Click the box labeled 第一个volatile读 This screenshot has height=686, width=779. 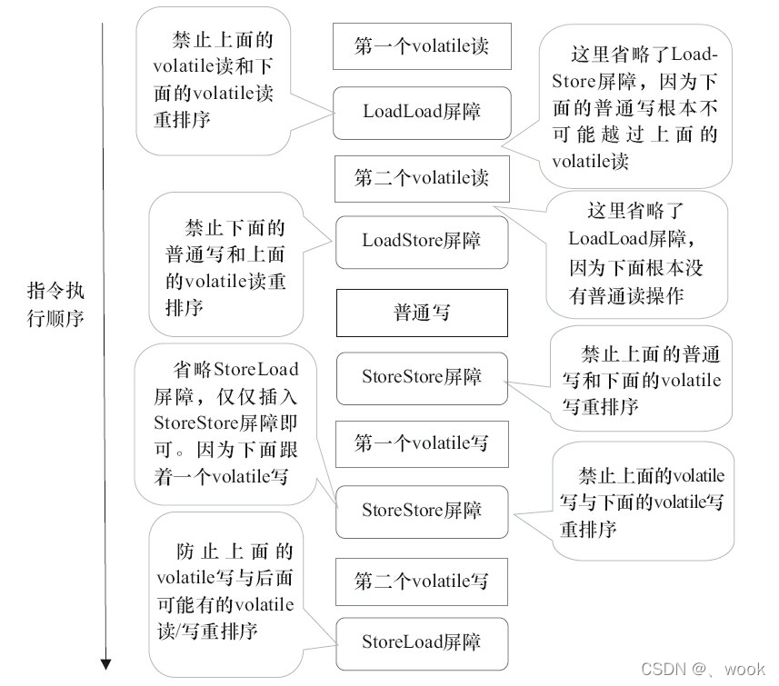pos(421,47)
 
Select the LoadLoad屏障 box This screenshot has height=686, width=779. pos(422,113)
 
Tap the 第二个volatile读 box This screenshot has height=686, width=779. pos(422,178)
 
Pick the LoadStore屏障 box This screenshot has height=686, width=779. pos(422,242)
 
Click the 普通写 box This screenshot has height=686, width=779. pos(422,313)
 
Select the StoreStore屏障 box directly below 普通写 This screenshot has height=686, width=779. pos(422,377)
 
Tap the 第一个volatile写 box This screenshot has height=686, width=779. pos(422,443)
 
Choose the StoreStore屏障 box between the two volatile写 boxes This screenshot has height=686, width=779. pos(422,511)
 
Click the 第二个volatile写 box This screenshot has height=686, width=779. pos(422,581)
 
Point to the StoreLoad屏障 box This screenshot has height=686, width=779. pos(422,642)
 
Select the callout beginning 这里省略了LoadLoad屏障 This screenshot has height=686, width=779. pos(636,254)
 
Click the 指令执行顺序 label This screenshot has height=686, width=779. pos(55,306)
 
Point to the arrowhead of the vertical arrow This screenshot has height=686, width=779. pos(105,663)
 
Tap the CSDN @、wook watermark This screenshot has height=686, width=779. pos(703,670)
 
